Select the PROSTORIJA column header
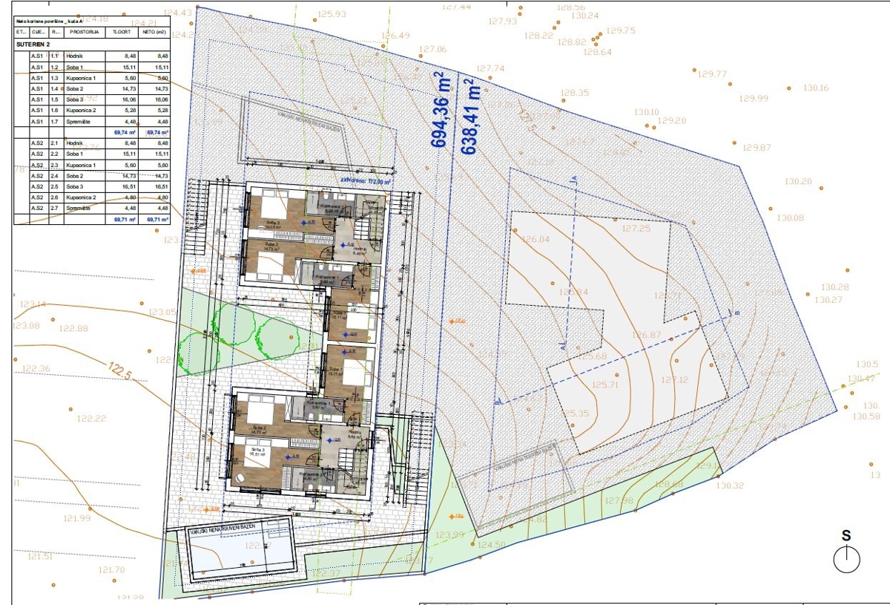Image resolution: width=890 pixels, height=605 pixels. tap(81, 33)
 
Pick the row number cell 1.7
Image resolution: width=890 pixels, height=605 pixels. tap(54, 122)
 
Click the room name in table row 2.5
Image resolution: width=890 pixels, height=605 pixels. tap(73, 187)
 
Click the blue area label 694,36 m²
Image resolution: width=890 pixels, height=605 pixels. tap(440, 110)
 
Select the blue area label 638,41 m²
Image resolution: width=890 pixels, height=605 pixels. tap(469, 117)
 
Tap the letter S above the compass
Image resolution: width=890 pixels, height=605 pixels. tap(845, 536)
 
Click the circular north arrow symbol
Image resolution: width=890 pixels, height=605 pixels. tap(846, 559)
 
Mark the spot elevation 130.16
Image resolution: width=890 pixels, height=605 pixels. tap(816, 88)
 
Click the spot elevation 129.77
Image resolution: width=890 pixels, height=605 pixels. tap(713, 73)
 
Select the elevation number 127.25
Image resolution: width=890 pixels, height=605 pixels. tap(636, 229)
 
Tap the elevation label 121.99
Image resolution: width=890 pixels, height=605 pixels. tap(76, 518)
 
